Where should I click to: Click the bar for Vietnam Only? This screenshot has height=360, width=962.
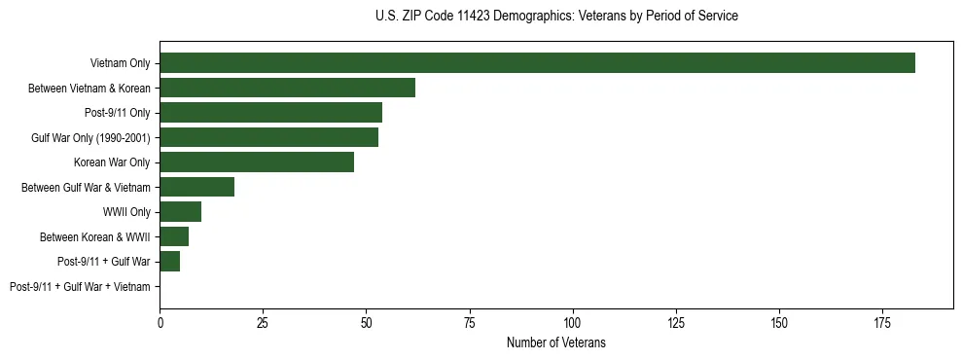(537, 63)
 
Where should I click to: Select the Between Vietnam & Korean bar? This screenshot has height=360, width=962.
(287, 88)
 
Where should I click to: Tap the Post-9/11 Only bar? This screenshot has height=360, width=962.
(270, 113)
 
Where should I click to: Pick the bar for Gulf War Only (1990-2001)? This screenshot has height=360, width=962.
(268, 137)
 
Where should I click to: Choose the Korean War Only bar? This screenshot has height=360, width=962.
(256, 162)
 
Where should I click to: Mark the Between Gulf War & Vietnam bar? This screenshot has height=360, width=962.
(196, 187)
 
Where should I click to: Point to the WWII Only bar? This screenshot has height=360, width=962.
(180, 212)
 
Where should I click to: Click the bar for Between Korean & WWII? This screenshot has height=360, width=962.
(174, 236)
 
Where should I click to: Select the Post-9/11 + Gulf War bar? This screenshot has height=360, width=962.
(169, 262)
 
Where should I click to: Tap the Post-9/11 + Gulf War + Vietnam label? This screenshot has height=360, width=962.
(80, 287)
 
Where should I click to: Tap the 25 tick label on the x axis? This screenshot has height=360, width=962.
(263, 322)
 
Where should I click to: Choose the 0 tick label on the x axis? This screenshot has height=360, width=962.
(160, 322)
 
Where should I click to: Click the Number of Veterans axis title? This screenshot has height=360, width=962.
(555, 342)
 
